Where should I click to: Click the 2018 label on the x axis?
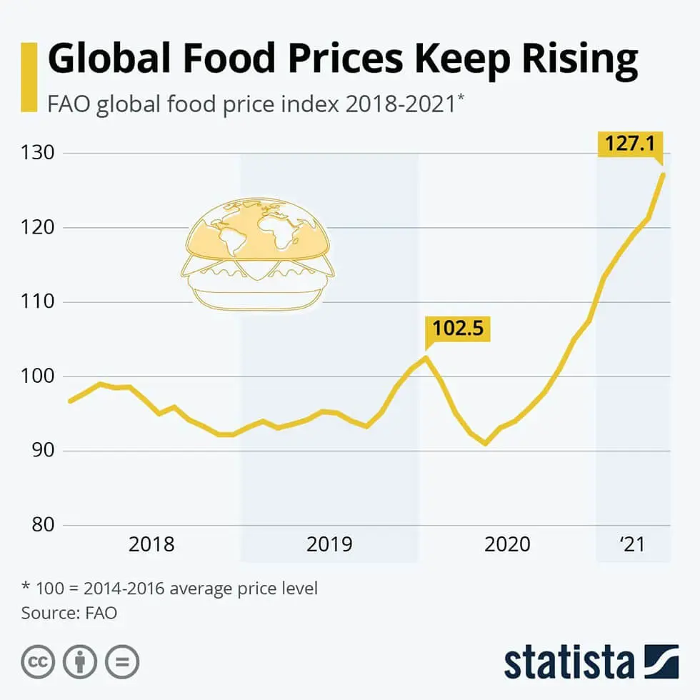tap(151, 544)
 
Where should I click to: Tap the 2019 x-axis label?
tap(329, 544)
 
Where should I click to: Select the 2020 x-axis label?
tap(507, 544)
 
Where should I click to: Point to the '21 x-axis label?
tap(632, 544)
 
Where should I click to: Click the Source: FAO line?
tap(69, 613)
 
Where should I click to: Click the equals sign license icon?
tap(122, 662)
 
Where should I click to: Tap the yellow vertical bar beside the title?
tap(29, 77)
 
